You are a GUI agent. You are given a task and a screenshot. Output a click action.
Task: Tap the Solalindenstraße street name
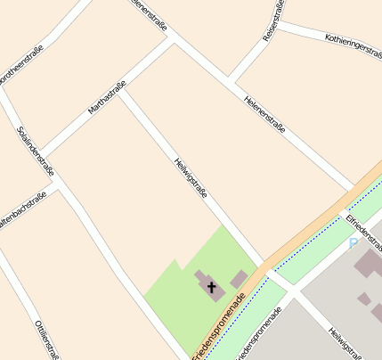[x=37, y=151]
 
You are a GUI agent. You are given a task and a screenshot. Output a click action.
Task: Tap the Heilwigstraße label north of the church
[x=191, y=175]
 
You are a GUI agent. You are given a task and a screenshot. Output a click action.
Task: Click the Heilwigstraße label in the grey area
[x=342, y=343]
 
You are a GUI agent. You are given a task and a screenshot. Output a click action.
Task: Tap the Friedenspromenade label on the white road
[x=258, y=334]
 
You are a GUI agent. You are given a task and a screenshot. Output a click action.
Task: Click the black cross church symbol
[x=212, y=287]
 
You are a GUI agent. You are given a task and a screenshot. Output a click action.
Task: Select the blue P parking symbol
[x=353, y=242]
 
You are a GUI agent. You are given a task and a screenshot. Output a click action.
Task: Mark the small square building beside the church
[x=239, y=280]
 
